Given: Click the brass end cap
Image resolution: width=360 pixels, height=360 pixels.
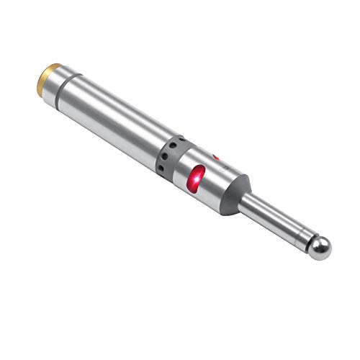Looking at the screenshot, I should [48, 75].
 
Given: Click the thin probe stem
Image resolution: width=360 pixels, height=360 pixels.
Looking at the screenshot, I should [277, 222].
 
